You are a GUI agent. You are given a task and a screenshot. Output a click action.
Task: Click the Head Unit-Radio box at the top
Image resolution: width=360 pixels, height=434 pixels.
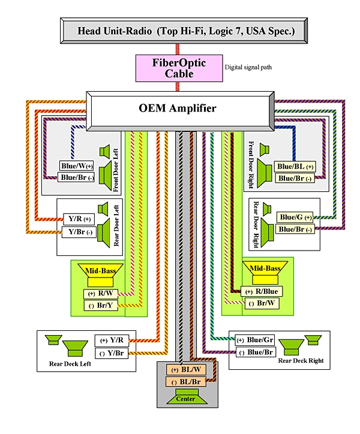tap(185, 30)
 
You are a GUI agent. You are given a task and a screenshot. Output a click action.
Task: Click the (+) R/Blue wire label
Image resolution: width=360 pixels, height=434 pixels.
tap(262, 291)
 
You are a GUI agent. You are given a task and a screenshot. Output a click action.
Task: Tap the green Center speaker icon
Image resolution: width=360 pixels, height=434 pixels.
tap(185, 396)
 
